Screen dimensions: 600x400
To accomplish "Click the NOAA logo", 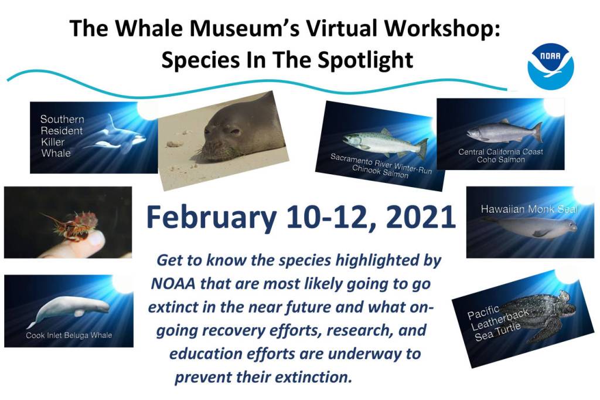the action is [551, 66].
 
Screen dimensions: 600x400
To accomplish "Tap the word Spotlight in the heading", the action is [366, 60].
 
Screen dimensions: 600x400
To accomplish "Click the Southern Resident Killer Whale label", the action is [62, 136].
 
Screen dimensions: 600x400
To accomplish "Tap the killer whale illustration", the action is [115, 134].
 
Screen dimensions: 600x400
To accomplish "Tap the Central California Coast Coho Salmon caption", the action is [500, 155].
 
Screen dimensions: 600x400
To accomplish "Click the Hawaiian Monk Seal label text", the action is [529, 209].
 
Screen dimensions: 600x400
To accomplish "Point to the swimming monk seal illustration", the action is [530, 227].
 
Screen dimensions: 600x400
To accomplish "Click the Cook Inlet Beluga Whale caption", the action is [69, 335].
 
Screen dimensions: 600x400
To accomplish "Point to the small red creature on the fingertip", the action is [73, 226].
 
